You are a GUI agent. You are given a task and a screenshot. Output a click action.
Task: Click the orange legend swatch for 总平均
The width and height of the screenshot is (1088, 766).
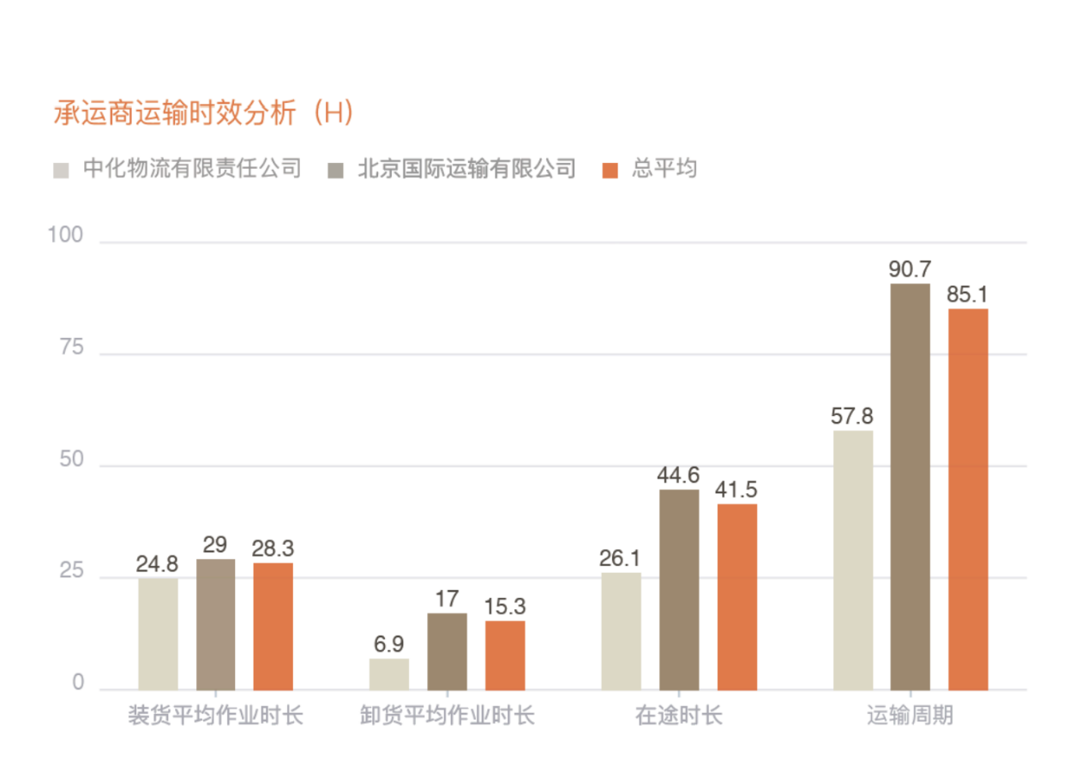point(610,169)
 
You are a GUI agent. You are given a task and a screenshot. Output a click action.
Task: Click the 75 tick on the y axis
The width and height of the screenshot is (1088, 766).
point(72,347)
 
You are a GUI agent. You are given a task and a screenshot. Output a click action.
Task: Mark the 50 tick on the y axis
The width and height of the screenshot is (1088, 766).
point(72,460)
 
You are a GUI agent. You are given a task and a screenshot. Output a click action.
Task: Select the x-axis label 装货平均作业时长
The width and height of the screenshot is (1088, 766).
point(215,715)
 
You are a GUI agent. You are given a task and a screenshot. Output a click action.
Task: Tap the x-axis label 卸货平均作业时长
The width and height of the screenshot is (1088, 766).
point(447,715)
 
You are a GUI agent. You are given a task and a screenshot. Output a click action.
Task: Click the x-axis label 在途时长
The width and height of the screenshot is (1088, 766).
point(678,715)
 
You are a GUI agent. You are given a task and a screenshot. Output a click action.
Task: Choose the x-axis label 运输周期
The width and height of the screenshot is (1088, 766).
point(910,715)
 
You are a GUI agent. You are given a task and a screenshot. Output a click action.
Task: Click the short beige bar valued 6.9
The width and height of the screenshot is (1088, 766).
point(389,674)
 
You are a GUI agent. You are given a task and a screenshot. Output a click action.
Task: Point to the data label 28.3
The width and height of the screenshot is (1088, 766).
point(273,548)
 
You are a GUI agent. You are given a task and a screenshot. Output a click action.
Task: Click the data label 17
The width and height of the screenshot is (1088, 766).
point(447,599)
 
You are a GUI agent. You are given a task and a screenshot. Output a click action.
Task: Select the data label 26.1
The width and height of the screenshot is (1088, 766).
point(621,558)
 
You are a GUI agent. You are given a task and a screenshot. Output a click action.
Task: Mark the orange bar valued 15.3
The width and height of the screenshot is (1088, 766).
point(504,655)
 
